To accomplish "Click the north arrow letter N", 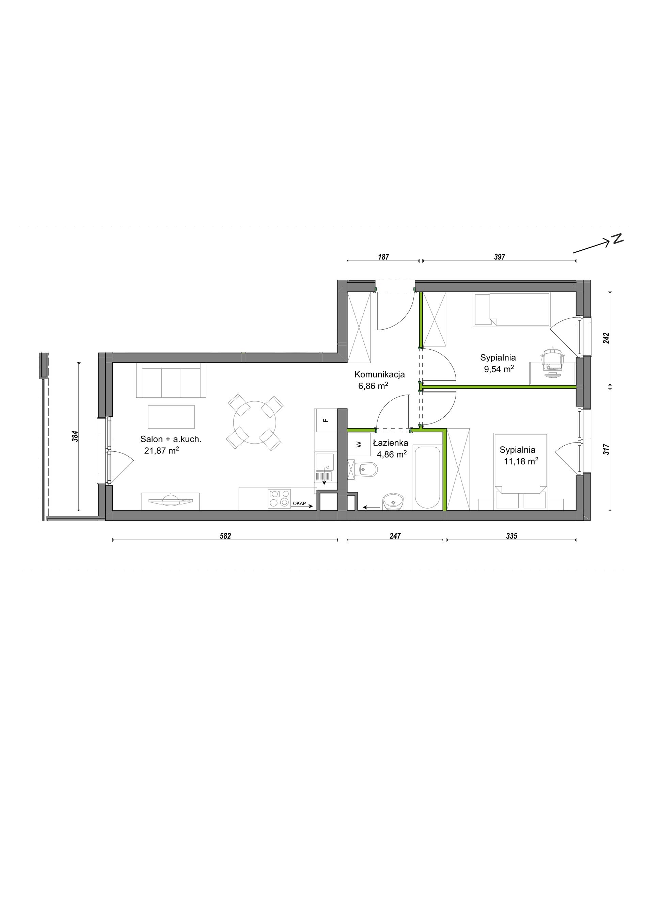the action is coord(618,238).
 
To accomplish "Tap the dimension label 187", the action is coord(383,257).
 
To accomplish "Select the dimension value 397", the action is coord(499,257).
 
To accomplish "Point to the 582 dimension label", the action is coord(225,536).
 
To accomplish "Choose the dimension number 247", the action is coord(395,536).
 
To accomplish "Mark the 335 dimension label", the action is coord(511,536).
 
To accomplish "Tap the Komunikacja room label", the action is coord(380,374).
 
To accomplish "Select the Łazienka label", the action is coord(391,443).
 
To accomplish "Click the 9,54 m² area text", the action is coord(499,369).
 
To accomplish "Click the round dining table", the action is coord(255,422).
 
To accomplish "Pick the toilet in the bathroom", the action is coord(363,470).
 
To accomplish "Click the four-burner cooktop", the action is coord(279,498).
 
